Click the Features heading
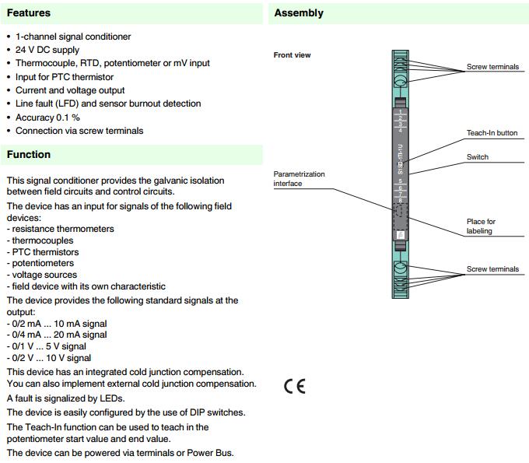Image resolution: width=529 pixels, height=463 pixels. pos(29,13)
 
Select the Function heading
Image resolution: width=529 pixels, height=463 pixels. pos(29,155)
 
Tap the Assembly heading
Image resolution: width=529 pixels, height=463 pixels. pos(299,13)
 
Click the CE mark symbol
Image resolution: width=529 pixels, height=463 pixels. pos(295,387)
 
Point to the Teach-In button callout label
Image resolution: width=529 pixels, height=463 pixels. pos(492,133)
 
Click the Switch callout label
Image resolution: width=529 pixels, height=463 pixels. pos(478,157)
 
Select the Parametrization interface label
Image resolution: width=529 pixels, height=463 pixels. pos(300,179)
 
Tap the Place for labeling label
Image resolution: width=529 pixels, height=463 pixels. pos(481,226)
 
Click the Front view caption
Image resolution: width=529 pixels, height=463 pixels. pos(293,55)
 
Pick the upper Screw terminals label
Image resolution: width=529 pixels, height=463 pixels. pos(492,67)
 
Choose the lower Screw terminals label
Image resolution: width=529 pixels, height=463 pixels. pos(492,269)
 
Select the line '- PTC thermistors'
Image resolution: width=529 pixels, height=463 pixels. pos(43,252)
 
